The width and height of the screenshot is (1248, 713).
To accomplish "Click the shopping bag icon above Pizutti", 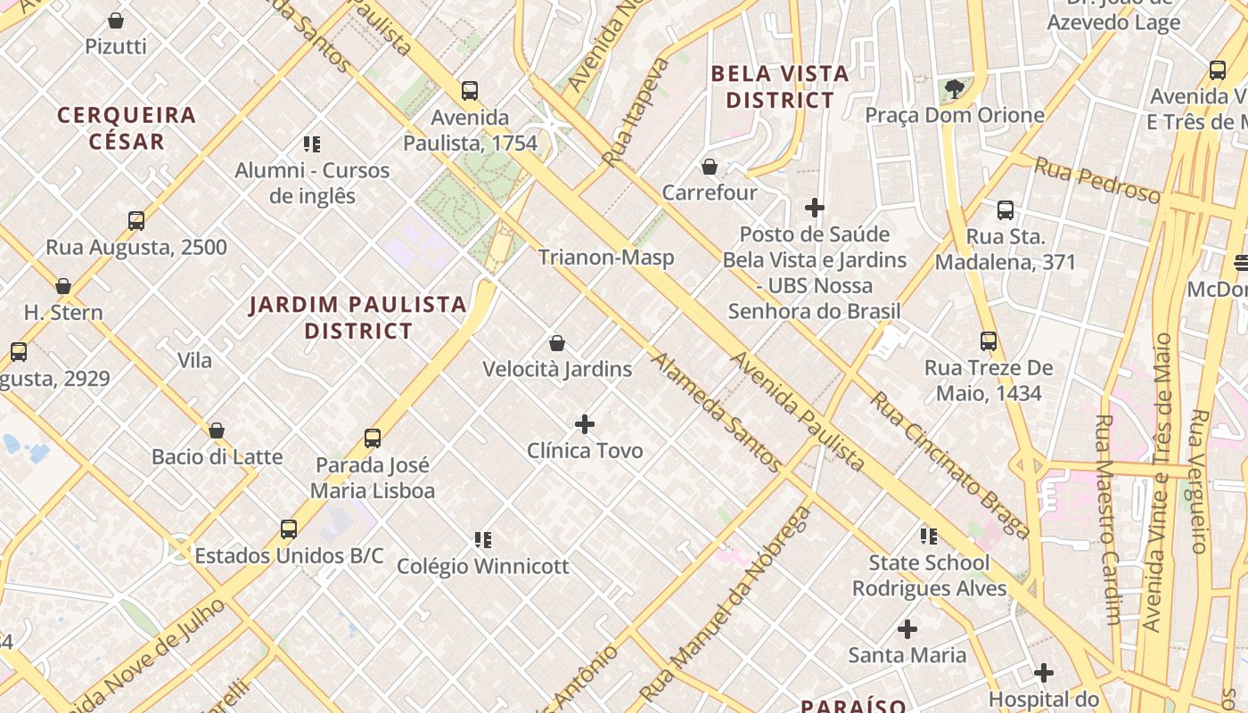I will pos(115,20).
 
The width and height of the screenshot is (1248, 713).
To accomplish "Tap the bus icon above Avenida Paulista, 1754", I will pos(470,90).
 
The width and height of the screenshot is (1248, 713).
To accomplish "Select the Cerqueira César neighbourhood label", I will pos(127,128).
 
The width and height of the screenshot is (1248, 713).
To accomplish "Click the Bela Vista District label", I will pos(780,86).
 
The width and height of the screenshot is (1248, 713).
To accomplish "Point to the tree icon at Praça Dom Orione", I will pos(955,88).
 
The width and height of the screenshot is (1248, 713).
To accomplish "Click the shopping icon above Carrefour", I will pos(710,167).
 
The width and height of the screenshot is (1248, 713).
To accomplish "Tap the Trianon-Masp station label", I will pos(606,258).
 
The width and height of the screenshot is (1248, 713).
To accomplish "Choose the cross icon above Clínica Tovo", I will pos(585,424).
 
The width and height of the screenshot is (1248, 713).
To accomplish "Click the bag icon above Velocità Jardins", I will pos(557,343).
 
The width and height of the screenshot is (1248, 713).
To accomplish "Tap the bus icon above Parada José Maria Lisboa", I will pos(373,438).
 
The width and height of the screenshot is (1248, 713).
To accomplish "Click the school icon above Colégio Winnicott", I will pos(483,539).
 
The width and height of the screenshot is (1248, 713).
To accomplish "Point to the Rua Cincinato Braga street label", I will pos(950,465).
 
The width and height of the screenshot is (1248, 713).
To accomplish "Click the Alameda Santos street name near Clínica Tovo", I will pos(716,412).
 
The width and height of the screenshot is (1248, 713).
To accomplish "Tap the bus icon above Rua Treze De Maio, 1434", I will pos(988,341).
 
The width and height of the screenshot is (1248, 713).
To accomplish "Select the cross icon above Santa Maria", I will pos(907,629).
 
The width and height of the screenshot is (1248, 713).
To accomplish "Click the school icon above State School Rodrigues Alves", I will pos(929,537).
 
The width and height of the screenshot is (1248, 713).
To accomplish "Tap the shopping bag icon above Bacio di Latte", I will pos(217,431).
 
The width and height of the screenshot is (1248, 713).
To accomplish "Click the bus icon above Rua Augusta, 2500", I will pos(136,220).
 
